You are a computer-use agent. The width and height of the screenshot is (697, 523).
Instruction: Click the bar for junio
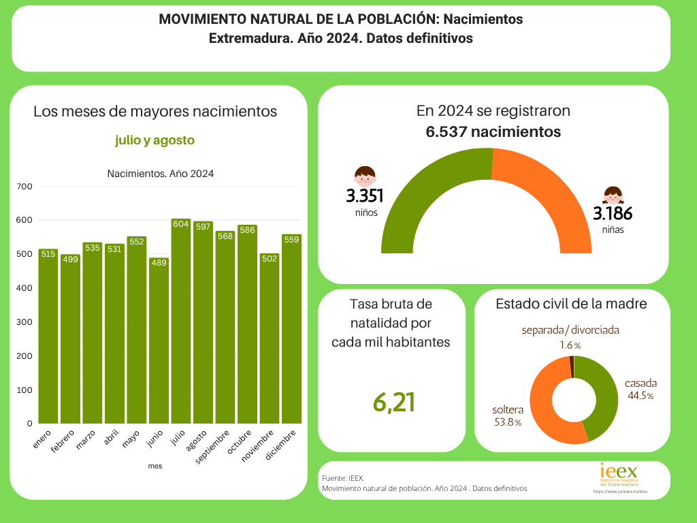coord(159,340)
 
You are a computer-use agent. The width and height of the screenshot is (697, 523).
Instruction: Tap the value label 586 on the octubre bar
coord(247,230)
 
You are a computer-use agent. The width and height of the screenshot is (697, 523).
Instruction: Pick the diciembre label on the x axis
coord(281,445)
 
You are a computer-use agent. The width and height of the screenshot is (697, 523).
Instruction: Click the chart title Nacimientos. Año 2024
coord(161,174)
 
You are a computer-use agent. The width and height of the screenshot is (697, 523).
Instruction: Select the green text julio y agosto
coord(155,140)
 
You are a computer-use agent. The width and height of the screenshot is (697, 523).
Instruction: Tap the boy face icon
coord(366,176)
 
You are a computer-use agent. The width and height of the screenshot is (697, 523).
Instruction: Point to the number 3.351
coord(365,196)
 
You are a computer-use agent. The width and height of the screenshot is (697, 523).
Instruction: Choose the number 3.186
coord(613,214)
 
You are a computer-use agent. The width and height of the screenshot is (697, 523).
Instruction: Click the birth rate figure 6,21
coord(393,402)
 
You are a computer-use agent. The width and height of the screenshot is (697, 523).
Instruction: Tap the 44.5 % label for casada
coord(640,396)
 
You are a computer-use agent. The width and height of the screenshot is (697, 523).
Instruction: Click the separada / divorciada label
coord(570,330)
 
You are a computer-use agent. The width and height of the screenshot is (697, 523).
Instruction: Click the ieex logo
coord(619,474)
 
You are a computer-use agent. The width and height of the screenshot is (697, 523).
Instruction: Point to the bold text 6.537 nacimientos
coord(493,131)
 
